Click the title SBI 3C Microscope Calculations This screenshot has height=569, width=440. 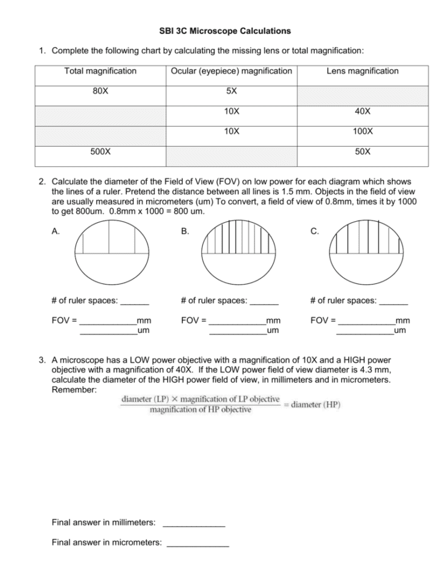click(220, 30)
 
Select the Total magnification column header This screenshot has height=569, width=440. click(100, 71)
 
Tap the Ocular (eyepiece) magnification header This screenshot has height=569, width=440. click(231, 71)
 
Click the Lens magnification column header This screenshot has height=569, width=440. click(363, 71)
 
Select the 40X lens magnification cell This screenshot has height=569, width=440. click(363, 112)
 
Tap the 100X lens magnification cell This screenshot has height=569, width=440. click(363, 130)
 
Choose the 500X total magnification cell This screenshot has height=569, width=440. click(100, 152)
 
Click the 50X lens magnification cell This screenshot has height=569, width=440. click(363, 152)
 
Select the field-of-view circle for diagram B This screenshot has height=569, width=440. click(238, 253)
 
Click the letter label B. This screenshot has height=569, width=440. click(184, 231)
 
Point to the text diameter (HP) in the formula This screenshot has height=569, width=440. click(315, 405)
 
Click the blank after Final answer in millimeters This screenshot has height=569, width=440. click(194, 522)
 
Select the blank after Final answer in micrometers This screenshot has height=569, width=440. click(198, 543)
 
